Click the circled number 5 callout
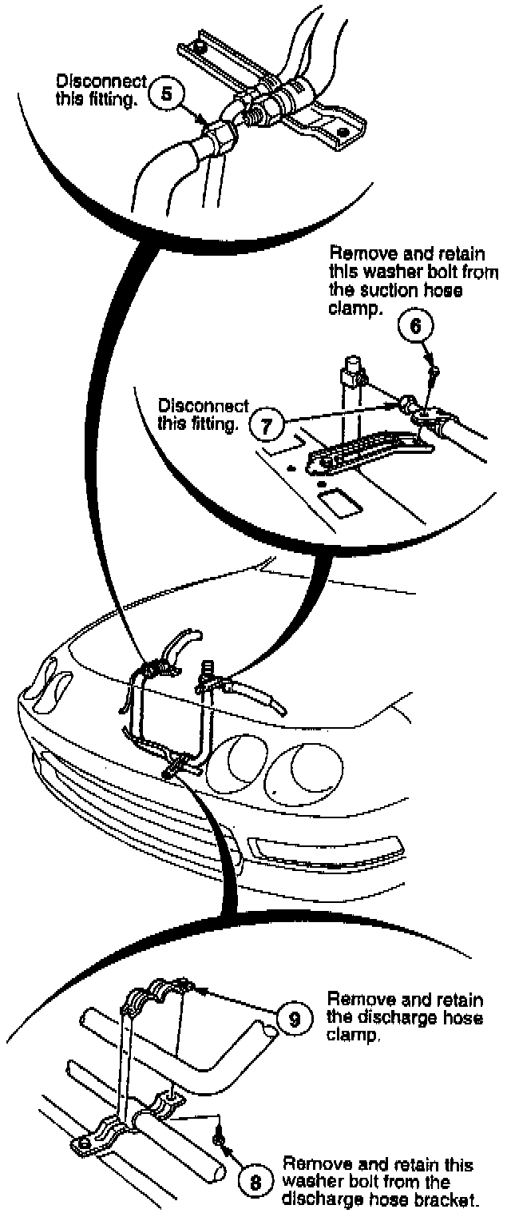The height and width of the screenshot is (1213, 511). tap(166, 93)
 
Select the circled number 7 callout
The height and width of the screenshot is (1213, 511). tap(268, 424)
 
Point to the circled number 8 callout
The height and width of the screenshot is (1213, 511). tap(255, 1183)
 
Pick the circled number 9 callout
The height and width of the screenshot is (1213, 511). tap(294, 1019)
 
